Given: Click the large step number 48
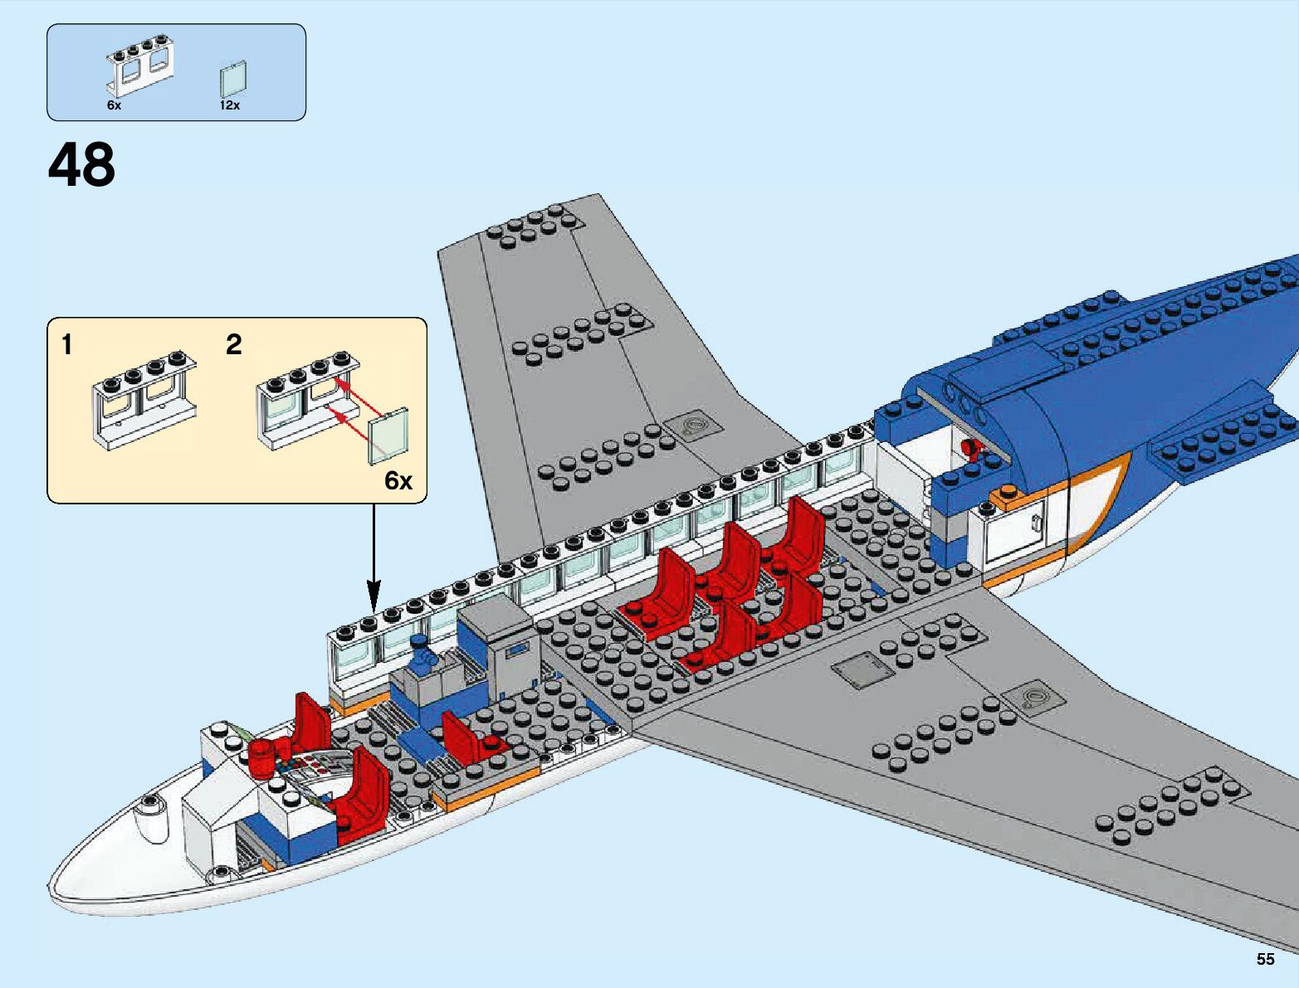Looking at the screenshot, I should tap(81, 165).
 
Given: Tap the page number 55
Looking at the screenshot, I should tap(1265, 959).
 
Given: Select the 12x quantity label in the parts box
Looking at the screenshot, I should tap(230, 105).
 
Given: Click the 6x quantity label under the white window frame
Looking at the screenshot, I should tap(114, 105).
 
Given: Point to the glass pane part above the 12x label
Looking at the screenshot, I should tap(234, 80).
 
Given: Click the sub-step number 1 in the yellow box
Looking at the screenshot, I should tap(67, 344).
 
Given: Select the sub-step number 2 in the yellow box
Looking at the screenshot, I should tap(234, 344).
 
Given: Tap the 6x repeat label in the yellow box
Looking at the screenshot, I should tap(398, 481).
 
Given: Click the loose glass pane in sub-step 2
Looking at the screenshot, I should tap(389, 435).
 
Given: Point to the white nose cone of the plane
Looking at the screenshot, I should tap(125, 854).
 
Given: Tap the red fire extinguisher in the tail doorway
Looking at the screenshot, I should tap(969, 450).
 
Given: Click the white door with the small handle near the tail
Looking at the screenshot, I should tap(1018, 526).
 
